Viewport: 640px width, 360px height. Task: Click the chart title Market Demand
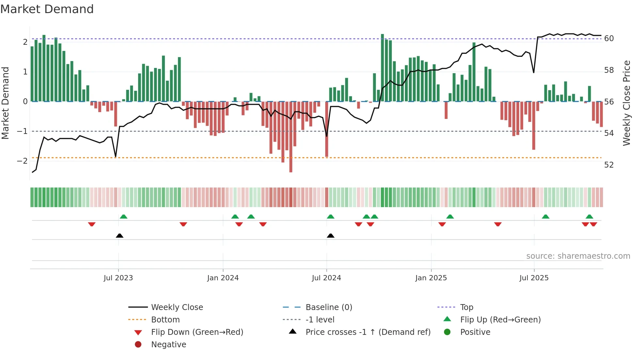click(47, 9)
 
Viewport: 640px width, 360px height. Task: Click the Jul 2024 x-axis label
click(326, 278)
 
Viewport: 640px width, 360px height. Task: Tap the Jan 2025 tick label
click(431, 278)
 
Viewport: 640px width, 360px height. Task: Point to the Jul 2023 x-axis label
click(118, 278)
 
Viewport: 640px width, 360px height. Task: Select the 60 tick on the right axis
click(609, 39)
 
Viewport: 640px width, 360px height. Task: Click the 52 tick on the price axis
click(609, 165)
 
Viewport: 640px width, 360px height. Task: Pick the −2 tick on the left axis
click(22, 161)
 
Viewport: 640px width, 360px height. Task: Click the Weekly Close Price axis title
click(626, 103)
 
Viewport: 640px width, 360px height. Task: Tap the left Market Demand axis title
click(6, 103)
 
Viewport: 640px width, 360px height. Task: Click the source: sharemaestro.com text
click(578, 256)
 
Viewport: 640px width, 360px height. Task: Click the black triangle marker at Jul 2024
click(330, 236)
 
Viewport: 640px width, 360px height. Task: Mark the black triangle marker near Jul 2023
click(120, 236)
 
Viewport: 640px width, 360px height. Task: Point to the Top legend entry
click(467, 307)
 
